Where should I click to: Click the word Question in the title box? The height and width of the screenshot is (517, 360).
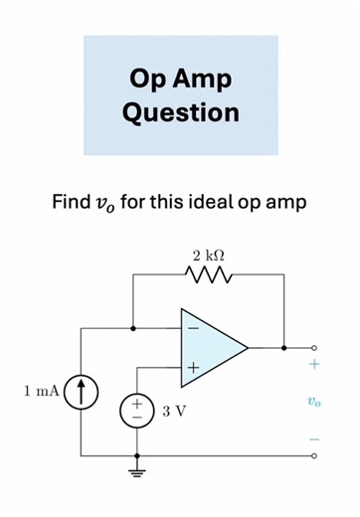click(180, 111)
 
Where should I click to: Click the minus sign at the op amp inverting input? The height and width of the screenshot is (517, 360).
click(192, 327)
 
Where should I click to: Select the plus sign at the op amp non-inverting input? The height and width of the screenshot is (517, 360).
click(192, 369)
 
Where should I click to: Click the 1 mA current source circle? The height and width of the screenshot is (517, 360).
click(81, 392)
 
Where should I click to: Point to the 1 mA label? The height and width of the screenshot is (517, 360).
click(42, 392)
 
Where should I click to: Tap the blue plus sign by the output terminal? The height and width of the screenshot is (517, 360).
click(313, 365)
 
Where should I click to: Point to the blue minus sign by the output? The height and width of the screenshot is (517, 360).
click(313, 438)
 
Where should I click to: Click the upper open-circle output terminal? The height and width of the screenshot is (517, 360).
click(314, 348)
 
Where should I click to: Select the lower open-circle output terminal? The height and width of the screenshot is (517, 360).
click(314, 456)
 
